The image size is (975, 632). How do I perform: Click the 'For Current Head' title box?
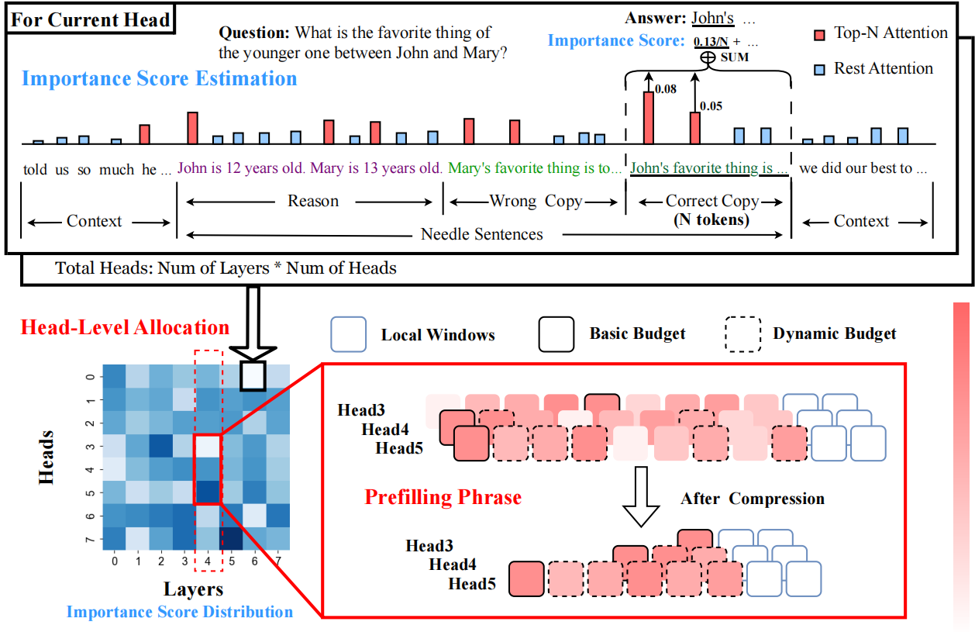(91, 19)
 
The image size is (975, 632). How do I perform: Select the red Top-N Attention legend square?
(821, 34)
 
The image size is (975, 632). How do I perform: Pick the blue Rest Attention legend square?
(821, 70)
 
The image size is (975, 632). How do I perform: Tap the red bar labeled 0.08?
(648, 117)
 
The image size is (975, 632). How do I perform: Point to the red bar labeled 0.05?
(695, 127)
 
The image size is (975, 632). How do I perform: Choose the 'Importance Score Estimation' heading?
(159, 79)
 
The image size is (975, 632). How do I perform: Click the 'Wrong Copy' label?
(536, 202)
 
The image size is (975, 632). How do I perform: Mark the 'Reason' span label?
(313, 202)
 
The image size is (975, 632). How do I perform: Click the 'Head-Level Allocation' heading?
(125, 327)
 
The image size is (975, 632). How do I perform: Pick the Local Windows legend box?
(348, 335)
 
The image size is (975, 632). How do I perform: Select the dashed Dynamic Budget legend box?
(743, 334)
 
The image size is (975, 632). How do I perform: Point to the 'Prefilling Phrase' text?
(443, 497)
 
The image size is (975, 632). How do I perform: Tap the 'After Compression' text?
(752, 499)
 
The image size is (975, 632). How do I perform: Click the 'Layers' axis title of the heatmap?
(194, 589)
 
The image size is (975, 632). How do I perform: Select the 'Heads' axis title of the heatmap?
(47, 458)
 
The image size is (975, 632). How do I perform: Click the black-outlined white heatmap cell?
(253, 376)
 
